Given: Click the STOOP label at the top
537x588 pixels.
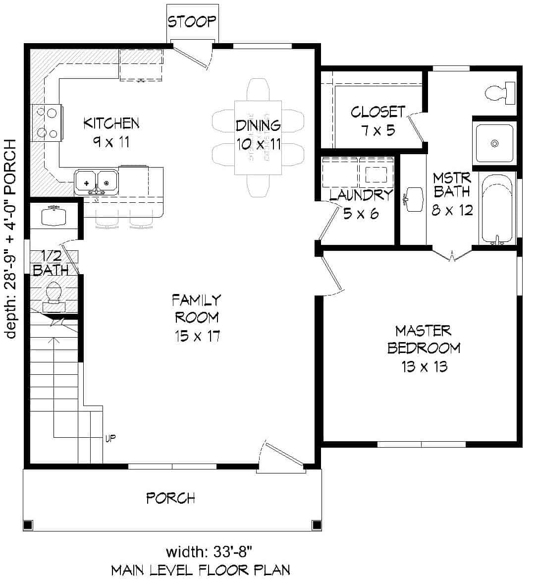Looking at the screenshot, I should click(x=192, y=21).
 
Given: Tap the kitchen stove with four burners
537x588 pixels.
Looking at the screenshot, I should click(x=47, y=122).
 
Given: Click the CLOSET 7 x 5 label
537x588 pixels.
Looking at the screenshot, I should click(x=377, y=120).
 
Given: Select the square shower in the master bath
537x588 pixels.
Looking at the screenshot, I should click(x=494, y=143).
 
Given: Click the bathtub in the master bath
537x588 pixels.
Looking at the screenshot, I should click(x=497, y=208).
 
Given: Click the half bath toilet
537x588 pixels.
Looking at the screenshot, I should click(x=54, y=293).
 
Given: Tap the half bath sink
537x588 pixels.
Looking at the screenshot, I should click(x=54, y=216).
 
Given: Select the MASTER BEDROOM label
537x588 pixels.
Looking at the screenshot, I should click(x=424, y=348).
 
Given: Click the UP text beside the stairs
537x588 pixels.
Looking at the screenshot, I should click(x=110, y=438).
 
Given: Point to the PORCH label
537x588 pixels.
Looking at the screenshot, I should click(x=170, y=497).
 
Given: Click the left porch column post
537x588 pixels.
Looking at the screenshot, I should click(x=28, y=525).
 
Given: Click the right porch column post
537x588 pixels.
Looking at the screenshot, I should click(x=316, y=525).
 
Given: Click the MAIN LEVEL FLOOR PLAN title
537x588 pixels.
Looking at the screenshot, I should click(x=201, y=570).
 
